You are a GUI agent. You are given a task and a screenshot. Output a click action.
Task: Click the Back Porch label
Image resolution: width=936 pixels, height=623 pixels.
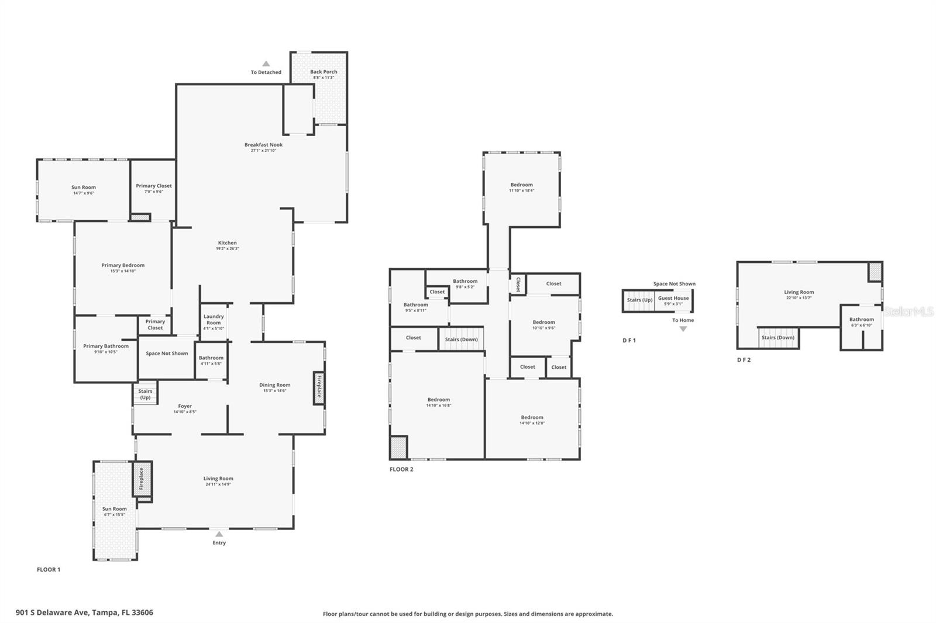324,72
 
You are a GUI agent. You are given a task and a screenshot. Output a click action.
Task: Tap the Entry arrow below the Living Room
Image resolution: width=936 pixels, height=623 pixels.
219,534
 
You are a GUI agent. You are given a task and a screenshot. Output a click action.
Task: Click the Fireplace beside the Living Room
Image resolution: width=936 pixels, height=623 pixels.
141,479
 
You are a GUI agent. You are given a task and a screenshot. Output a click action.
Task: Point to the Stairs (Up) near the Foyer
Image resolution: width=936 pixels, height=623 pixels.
145,394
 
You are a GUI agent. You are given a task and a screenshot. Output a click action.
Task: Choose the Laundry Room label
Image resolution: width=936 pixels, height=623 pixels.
214,319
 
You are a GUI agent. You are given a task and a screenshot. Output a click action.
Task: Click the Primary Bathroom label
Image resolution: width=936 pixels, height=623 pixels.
106,346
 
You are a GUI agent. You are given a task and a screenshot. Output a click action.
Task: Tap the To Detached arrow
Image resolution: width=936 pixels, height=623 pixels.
266,64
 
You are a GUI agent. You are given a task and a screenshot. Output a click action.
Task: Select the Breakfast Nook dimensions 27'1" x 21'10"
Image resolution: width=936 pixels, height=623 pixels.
263,151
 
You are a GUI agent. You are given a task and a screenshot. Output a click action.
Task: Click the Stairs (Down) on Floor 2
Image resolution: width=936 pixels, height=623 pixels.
461,340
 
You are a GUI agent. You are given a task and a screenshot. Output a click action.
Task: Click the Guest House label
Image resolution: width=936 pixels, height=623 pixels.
673,298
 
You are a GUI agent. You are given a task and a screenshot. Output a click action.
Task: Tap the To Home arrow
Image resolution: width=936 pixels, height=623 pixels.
683,328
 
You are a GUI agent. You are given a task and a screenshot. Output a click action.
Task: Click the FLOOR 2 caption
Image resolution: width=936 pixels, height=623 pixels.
401,469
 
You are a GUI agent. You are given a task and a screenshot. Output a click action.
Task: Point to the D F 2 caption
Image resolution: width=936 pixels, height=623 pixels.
744,360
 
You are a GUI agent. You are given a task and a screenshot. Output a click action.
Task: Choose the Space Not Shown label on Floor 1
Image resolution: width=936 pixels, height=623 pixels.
167,354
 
